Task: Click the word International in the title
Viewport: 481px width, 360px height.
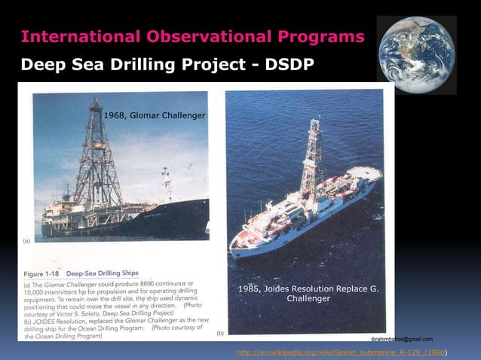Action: [67, 37]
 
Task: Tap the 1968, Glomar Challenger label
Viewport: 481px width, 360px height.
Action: [154, 114]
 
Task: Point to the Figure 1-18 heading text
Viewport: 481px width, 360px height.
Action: [42, 273]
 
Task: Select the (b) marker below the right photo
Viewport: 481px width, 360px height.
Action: [219, 331]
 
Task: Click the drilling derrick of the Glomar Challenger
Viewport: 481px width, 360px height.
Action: [96, 158]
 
